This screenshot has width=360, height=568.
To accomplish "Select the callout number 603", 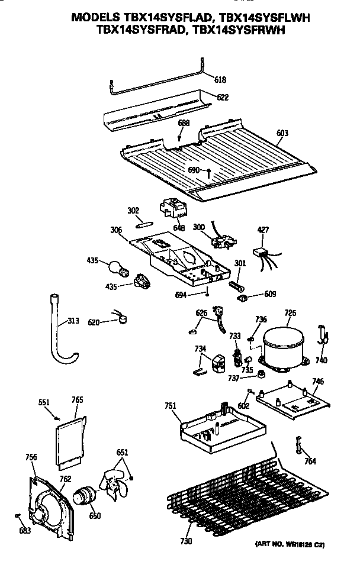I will click(x=282, y=133).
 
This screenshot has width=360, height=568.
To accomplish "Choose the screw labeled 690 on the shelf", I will click(x=209, y=172).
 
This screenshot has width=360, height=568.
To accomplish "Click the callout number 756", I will click(x=31, y=456).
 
